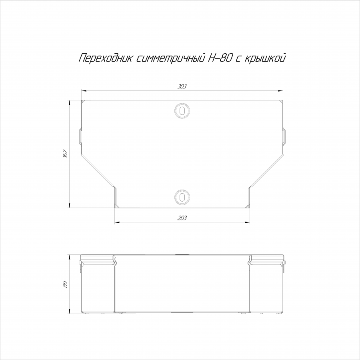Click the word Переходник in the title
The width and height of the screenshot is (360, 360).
point(106,58)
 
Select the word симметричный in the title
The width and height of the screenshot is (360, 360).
point(170,58)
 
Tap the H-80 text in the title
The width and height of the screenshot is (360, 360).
point(220,58)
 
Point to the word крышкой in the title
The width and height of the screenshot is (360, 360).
point(266,58)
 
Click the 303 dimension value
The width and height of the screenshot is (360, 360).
point(182,86)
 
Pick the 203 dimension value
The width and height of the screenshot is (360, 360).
point(182,218)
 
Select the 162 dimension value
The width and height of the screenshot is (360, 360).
point(65,154)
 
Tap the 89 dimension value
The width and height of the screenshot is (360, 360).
point(66,284)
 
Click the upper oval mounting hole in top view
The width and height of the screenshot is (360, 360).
point(182,111)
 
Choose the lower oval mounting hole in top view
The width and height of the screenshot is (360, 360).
point(182,198)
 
